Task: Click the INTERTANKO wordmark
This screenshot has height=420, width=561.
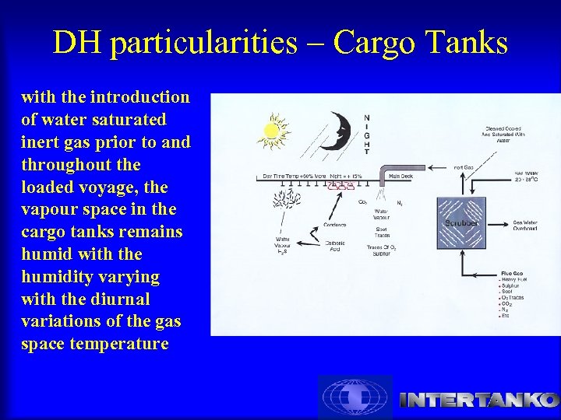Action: [x=478, y=401]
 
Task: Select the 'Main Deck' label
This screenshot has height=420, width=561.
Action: [x=400, y=177]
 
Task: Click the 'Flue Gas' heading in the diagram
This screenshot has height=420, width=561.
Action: [x=515, y=274]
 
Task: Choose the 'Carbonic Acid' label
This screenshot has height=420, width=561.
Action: [x=334, y=246]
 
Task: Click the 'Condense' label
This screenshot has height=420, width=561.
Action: [x=335, y=226]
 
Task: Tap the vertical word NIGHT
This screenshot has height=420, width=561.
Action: [x=367, y=134]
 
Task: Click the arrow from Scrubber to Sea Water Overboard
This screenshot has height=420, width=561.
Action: [x=496, y=223]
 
